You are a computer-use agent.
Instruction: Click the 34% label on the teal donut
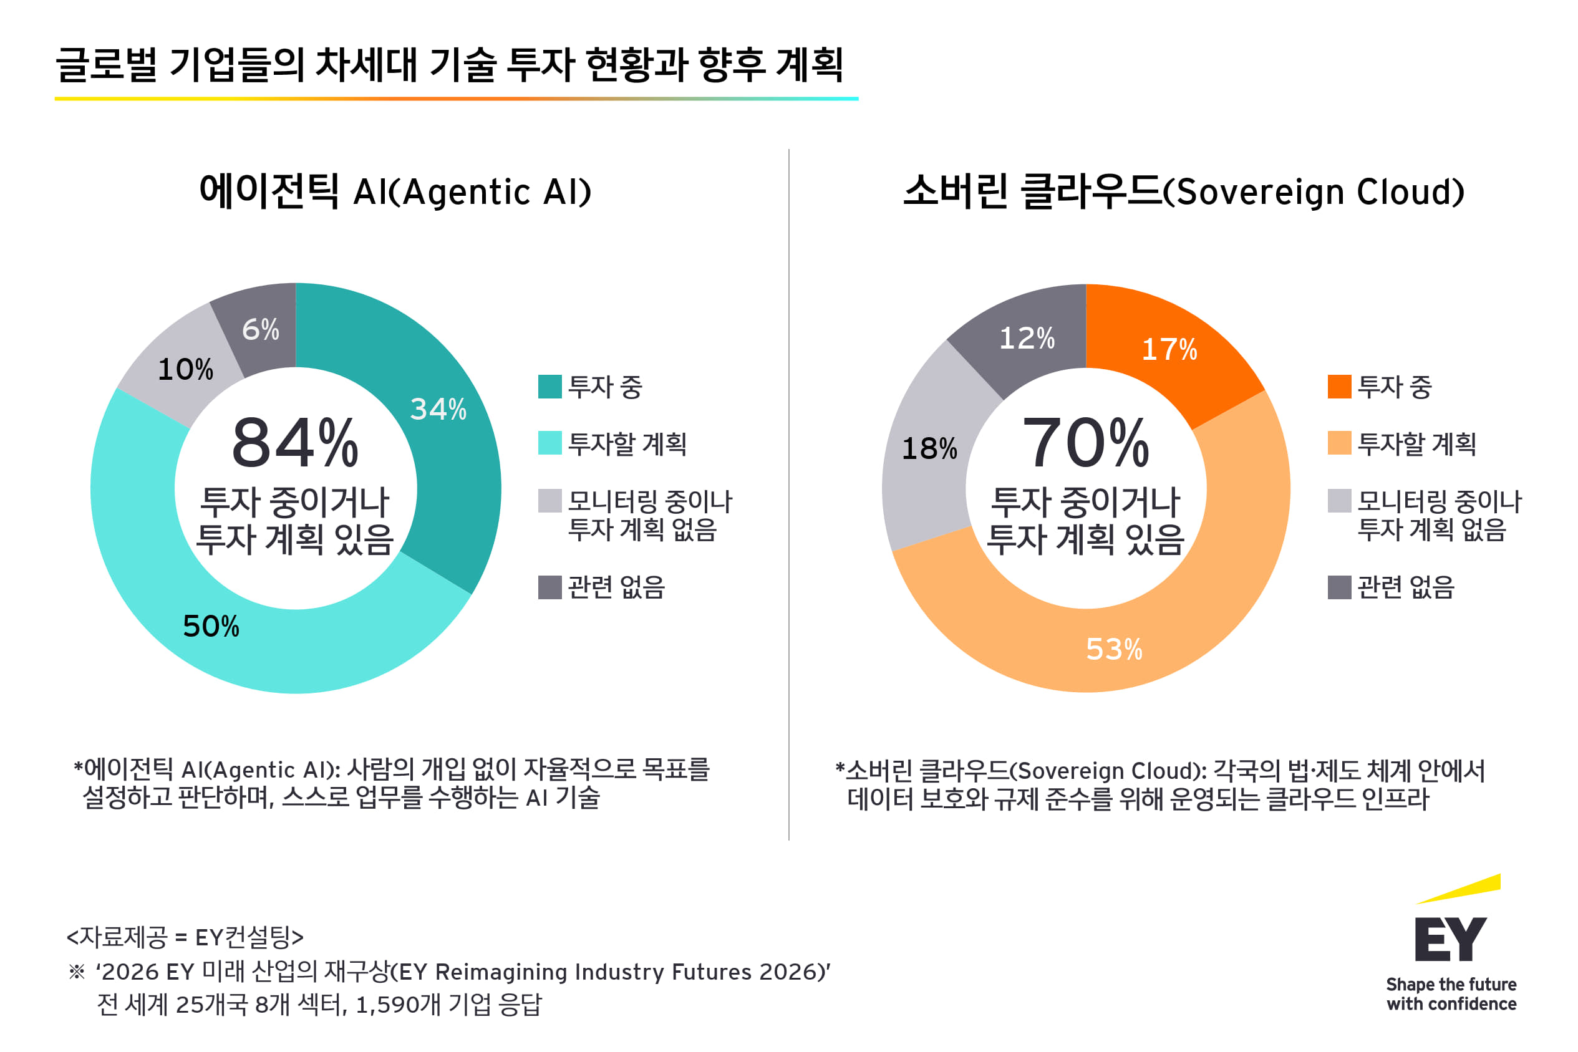pyautogui.click(x=438, y=409)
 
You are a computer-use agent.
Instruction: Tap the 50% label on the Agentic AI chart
pyautogui.click(x=211, y=627)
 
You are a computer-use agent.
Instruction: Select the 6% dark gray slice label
pyautogui.click(x=260, y=329)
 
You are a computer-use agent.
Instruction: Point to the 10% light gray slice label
pyautogui.click(x=185, y=370)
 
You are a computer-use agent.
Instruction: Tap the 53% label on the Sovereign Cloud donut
pyautogui.click(x=1114, y=649)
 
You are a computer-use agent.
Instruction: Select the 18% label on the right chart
pyautogui.click(x=929, y=449)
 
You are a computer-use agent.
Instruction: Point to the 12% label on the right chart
pyautogui.click(x=1027, y=338)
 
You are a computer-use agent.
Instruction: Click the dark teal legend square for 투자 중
pyautogui.click(x=549, y=387)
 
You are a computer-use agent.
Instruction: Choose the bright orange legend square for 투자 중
pyautogui.click(x=1339, y=387)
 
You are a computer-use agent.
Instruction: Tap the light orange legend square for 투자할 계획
pyautogui.click(x=1339, y=443)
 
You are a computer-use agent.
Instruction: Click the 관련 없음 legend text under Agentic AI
pyautogui.click(x=616, y=587)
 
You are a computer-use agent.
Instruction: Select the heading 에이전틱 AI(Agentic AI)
pyautogui.click(x=396, y=192)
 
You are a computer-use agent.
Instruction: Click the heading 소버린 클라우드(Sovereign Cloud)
pyautogui.click(x=1184, y=192)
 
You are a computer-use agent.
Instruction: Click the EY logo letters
pyautogui.click(x=1451, y=939)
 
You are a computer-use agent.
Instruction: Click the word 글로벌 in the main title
pyautogui.click(x=106, y=65)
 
